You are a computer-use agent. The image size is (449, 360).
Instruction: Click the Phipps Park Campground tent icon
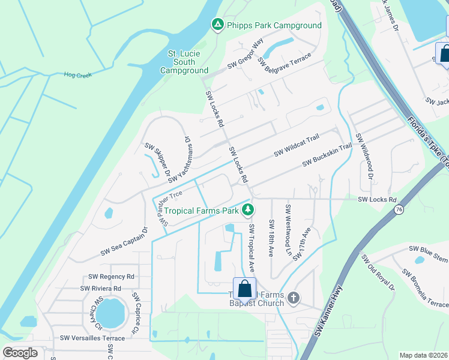pos(217,25)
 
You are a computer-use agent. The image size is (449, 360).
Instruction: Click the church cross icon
pos(293,298)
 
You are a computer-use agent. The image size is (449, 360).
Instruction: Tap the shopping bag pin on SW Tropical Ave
pos(245,289)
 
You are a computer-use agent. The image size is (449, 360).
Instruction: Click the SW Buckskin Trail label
pos(327,154)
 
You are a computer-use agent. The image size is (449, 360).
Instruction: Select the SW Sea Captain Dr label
pos(124,241)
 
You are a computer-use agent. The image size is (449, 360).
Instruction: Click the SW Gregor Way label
pos(246,55)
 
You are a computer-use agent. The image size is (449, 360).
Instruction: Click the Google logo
pos(20,353)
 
